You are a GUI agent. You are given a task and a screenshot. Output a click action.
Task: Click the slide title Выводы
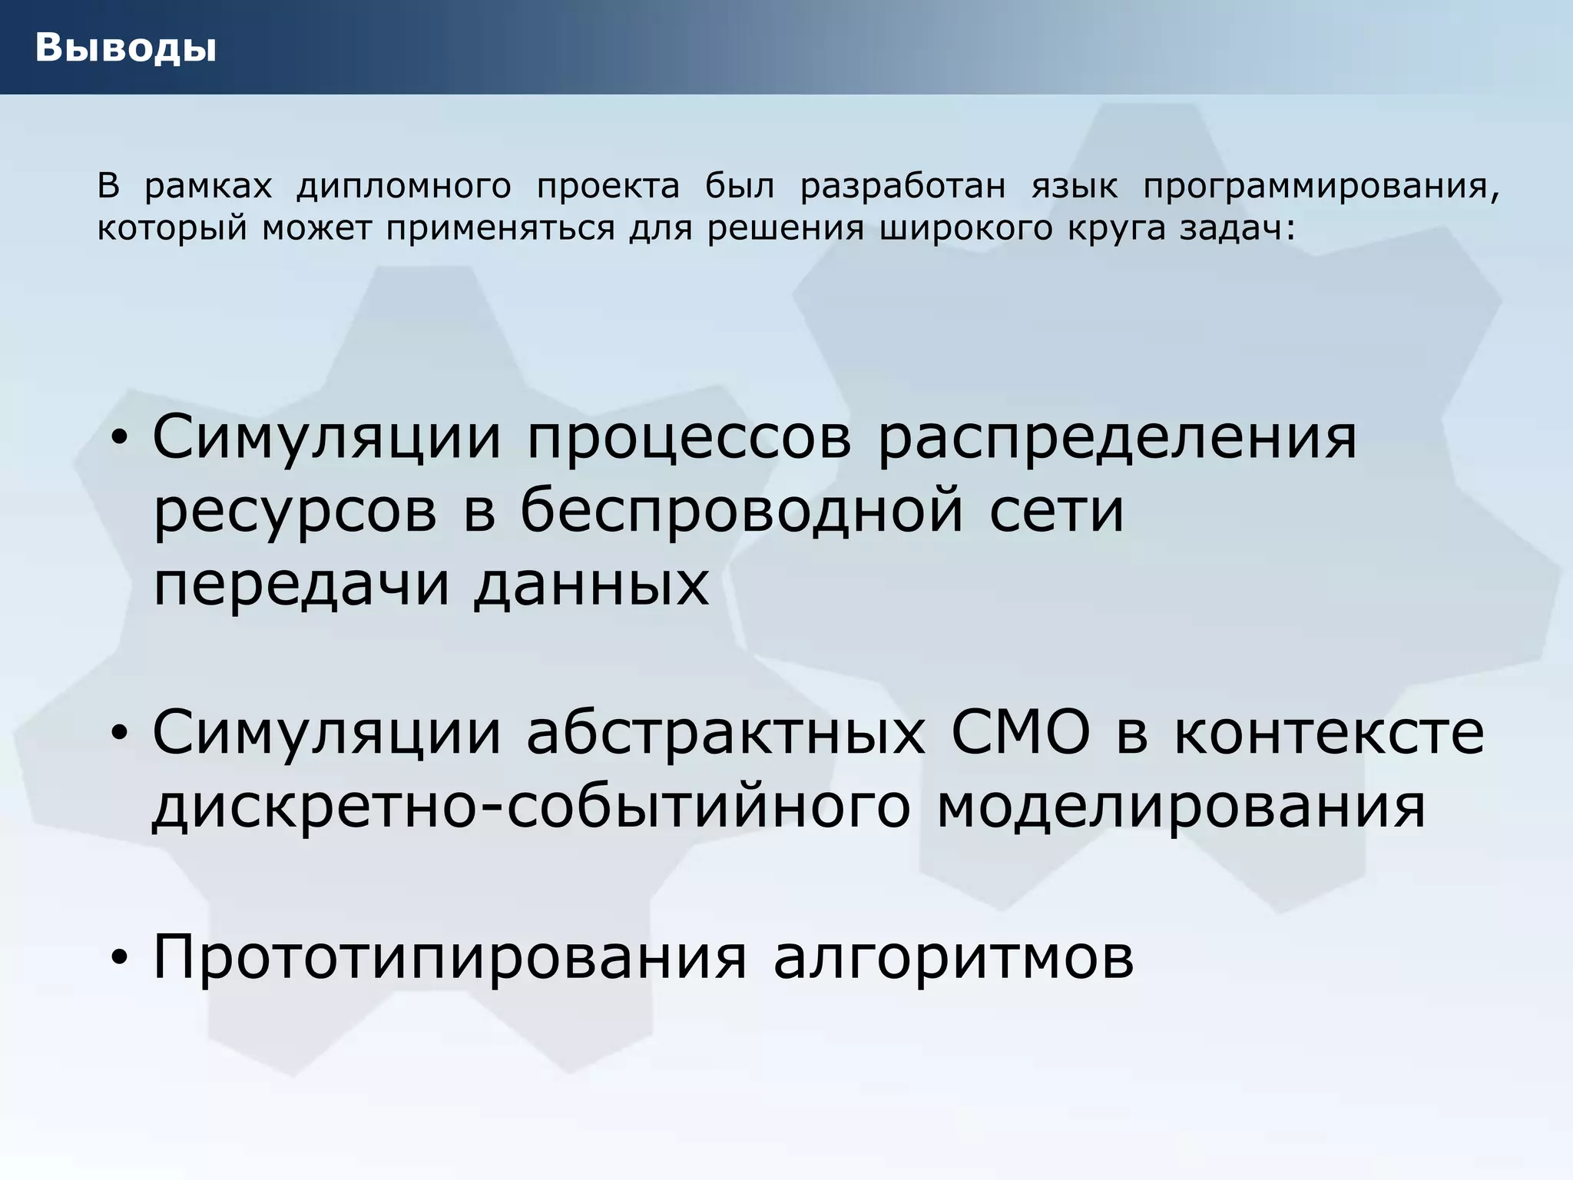125,48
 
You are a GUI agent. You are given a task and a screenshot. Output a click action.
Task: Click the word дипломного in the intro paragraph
403,187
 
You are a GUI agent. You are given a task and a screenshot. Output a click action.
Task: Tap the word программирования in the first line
1320,187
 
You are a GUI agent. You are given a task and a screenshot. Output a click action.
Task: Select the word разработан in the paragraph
902,187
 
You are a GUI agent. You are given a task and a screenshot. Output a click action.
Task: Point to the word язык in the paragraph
1074,187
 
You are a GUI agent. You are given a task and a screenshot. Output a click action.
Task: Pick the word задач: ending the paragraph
1237,228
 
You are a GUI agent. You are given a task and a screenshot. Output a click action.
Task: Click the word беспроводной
741,511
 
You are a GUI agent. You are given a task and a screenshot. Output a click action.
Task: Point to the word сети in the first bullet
1056,511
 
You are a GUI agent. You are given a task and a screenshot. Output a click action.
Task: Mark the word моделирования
1181,807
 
